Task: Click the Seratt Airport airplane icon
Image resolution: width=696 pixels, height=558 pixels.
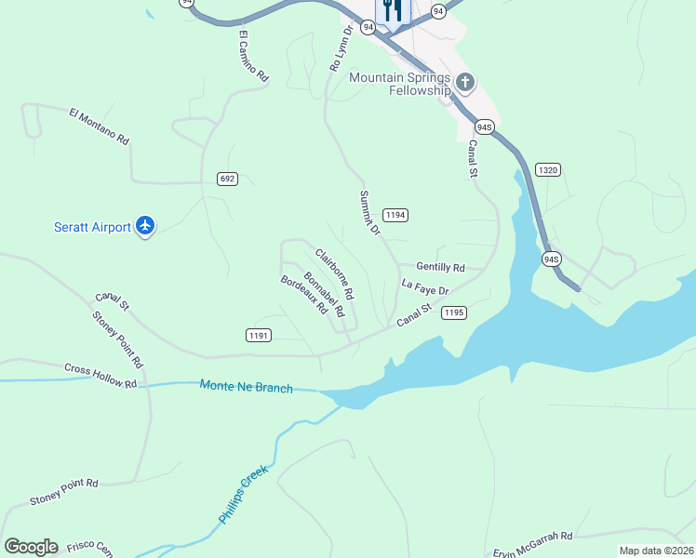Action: pos(144,225)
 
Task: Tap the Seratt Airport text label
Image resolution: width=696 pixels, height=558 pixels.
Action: pos(91,226)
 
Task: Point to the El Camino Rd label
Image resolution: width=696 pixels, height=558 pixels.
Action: pos(253,58)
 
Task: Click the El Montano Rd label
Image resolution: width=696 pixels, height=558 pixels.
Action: pos(99,126)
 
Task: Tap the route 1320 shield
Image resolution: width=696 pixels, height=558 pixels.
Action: pos(548,169)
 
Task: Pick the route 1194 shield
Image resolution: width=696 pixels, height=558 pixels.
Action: pos(395,215)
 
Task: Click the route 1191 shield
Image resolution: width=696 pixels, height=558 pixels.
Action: pos(259,335)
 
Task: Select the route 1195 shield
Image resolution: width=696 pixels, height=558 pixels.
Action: pos(453,312)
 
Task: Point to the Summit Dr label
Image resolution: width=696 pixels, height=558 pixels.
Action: pos(369,213)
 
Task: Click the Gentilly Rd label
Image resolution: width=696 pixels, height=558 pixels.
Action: pos(440,267)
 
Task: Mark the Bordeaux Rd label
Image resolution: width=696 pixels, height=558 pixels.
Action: pos(304,293)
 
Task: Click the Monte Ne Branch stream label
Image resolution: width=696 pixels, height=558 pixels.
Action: pos(247,386)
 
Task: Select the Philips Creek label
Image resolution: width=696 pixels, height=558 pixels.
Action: pos(243,495)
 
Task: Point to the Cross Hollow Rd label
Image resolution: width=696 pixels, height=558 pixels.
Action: pos(100,376)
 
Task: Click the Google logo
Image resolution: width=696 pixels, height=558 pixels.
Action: pos(31,547)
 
